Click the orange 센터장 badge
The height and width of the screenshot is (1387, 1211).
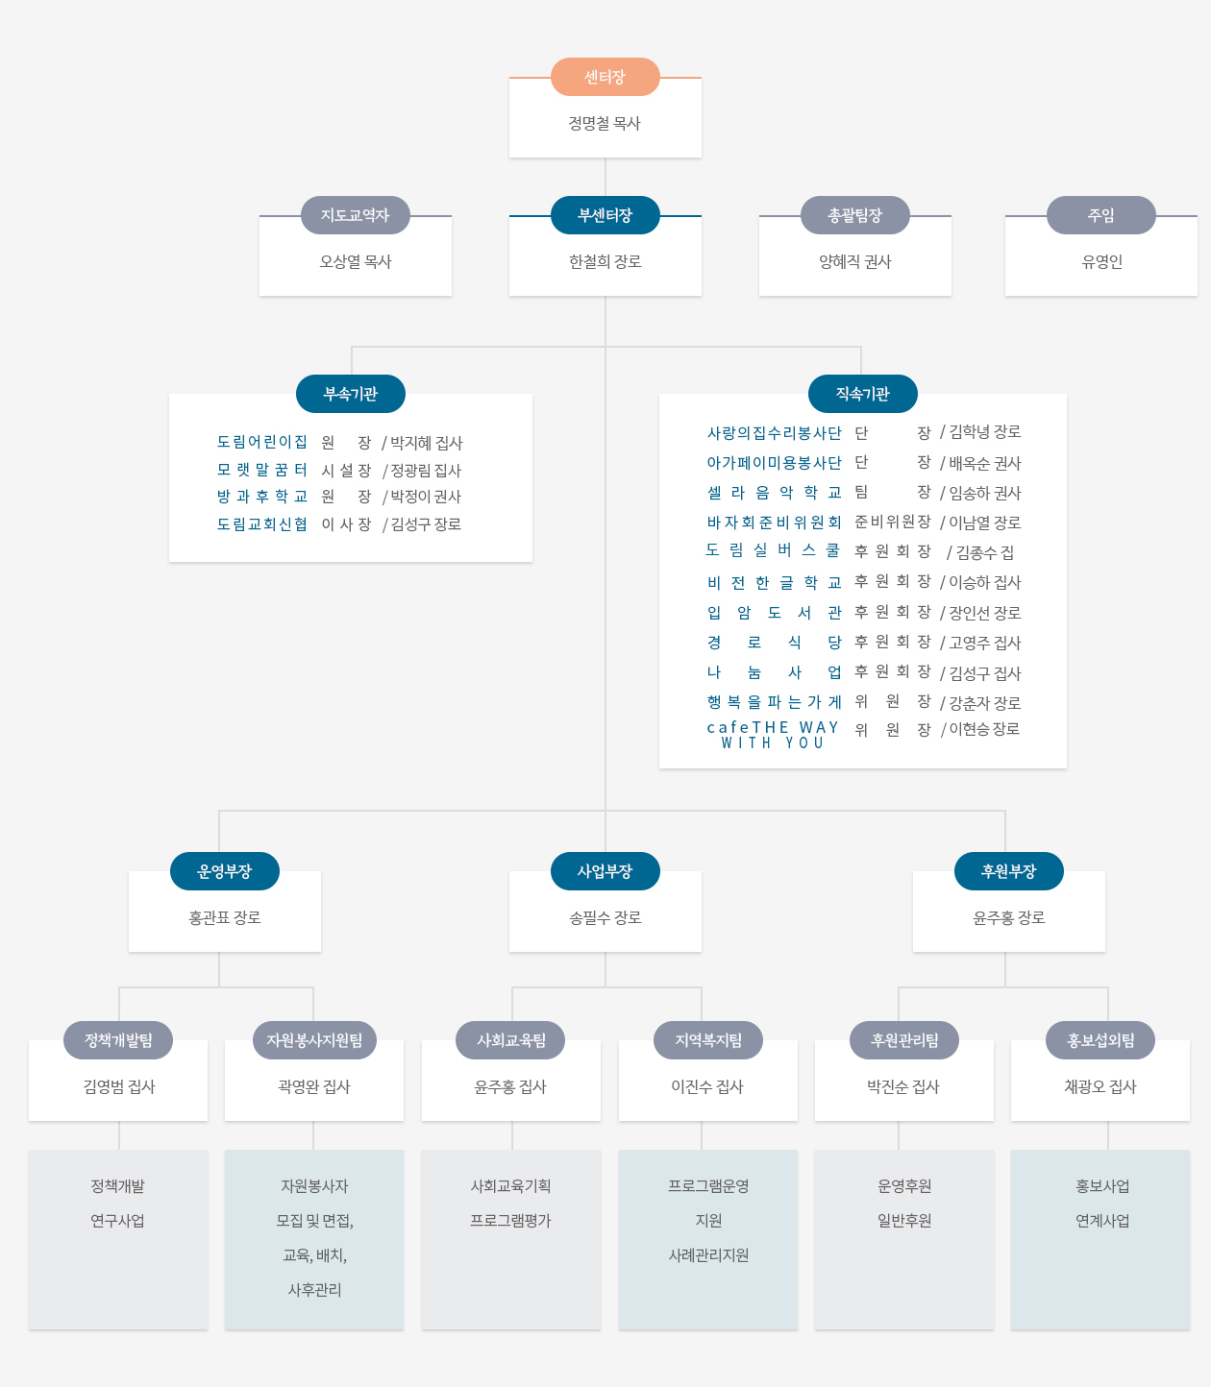click(x=605, y=77)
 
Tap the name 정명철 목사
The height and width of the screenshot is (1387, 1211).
click(x=605, y=123)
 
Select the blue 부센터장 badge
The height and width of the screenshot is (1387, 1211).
click(x=605, y=215)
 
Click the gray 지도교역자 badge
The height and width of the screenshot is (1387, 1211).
click(x=356, y=215)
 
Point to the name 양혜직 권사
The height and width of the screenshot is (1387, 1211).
click(x=855, y=261)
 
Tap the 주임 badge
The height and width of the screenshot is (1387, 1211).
click(x=1101, y=215)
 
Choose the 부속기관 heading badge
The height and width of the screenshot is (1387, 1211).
click(x=351, y=394)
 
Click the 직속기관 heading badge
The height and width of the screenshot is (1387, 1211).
click(x=862, y=394)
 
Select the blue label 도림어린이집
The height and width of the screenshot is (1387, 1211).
click(x=261, y=442)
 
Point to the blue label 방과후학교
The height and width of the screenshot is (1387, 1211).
click(x=261, y=497)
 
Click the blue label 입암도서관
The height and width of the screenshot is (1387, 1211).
click(x=774, y=613)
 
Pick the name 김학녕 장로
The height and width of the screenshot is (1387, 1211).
click(x=984, y=432)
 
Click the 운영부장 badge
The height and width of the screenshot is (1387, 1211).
click(x=225, y=871)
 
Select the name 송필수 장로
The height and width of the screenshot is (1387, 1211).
click(x=605, y=918)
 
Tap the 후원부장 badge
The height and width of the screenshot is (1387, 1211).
click(x=1008, y=871)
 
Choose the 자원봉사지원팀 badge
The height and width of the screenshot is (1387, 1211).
click(x=314, y=1040)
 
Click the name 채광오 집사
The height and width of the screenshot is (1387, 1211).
click(x=1100, y=1087)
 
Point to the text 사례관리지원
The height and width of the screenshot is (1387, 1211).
click(x=708, y=1255)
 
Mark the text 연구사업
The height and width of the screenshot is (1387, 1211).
click(x=117, y=1221)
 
